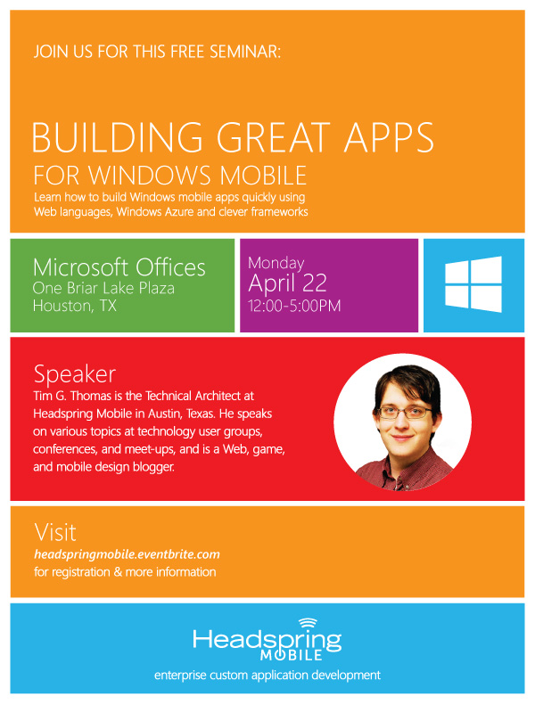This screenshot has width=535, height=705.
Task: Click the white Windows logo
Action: [473, 284]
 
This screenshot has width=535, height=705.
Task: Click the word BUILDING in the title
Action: [117, 137]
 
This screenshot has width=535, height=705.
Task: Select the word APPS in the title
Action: [389, 137]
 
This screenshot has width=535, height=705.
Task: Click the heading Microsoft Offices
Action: [119, 267]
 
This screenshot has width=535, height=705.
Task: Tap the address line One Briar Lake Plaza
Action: [103, 288]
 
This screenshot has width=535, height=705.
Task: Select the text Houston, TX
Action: [75, 306]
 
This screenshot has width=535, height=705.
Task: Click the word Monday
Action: [276, 263]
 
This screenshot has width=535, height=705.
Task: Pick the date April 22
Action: [287, 283]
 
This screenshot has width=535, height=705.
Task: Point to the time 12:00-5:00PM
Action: [294, 306]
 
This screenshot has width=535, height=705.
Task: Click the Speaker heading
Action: [75, 374]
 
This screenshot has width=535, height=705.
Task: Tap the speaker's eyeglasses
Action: [404, 412]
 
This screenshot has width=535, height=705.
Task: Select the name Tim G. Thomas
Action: [72, 396]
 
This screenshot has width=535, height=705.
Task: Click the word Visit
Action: [55, 532]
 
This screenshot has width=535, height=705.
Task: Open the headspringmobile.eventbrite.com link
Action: [127, 554]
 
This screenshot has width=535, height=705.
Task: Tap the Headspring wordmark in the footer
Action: [267, 640]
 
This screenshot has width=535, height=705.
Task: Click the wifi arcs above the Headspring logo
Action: [308, 623]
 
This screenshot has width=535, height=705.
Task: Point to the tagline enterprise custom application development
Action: [267, 676]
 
